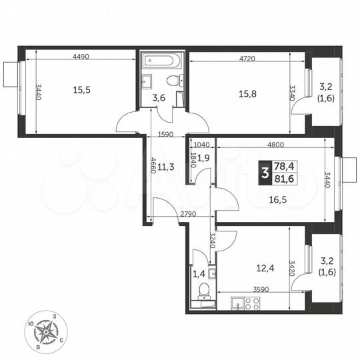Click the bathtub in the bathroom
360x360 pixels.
tap(161, 61)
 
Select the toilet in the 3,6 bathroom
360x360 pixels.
tap(173, 82)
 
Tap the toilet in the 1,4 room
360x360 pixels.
tap(203, 289)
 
